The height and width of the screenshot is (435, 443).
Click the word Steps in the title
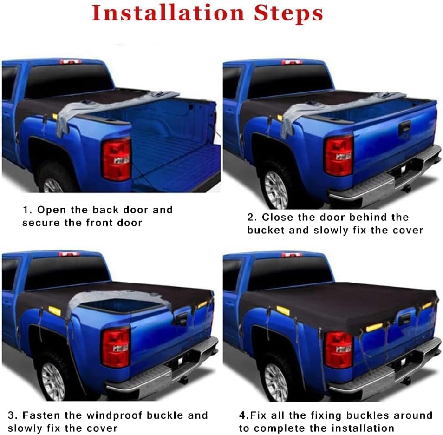click(x=288, y=13)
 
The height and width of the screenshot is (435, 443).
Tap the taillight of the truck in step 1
click(x=116, y=159)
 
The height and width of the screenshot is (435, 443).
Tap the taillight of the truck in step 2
click(x=339, y=155)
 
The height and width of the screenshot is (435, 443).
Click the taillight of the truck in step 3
click(x=116, y=347)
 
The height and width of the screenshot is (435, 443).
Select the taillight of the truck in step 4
click(x=339, y=349)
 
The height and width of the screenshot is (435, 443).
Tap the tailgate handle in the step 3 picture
click(x=182, y=318)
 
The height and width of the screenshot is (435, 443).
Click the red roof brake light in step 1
click(x=70, y=62)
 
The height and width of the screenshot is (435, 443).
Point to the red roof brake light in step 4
click(x=292, y=255)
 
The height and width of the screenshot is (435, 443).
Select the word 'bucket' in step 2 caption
click(x=266, y=230)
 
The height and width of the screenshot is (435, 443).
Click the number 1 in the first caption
click(x=26, y=210)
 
